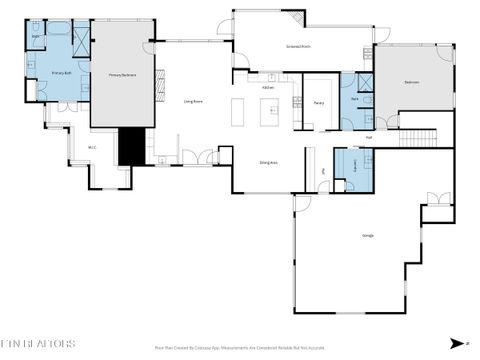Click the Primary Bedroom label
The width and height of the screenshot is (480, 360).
click(123, 74)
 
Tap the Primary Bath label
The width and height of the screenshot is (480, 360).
click(63, 74)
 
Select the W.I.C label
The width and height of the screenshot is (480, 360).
click(91, 148)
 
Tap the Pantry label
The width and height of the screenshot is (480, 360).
click(318, 102)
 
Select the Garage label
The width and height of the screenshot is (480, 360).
click(368, 235)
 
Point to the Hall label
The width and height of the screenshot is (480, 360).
click(368, 137)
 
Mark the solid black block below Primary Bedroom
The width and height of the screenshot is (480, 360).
click(131, 147)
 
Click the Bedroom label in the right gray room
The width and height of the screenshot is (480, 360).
click(412, 81)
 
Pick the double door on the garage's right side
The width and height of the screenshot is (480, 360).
click(432, 199)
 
